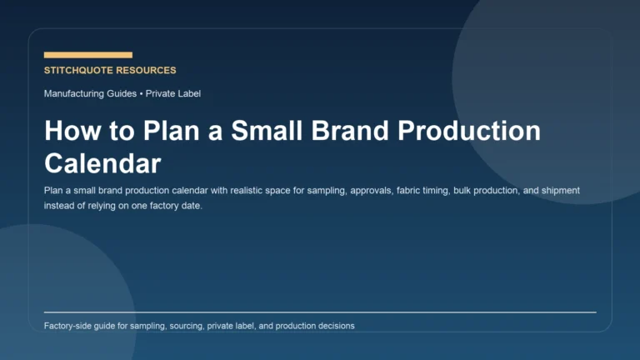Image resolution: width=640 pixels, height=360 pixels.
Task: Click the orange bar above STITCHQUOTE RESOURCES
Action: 87,55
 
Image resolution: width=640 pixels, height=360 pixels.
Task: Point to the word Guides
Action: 124,94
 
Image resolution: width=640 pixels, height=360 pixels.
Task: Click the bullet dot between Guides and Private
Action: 142,94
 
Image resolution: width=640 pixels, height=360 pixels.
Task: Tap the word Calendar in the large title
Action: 102,162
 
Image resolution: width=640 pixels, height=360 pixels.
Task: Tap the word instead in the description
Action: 60,206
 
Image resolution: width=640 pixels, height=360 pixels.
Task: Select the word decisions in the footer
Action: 335,326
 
